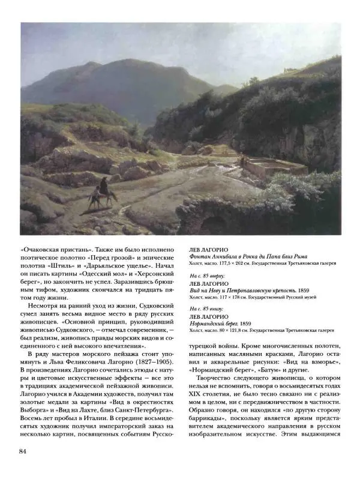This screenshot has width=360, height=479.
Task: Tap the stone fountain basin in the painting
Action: [x=273, y=166]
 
